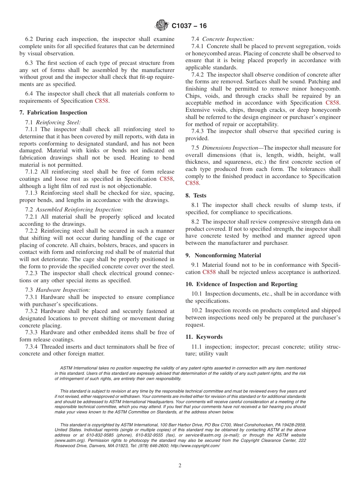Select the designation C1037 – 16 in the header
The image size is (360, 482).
click(189, 26)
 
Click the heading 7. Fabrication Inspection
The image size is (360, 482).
click(53, 113)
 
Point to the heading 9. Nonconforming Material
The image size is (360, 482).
click(223, 255)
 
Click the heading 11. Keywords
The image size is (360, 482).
click(204, 337)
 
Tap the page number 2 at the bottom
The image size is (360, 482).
click(180, 466)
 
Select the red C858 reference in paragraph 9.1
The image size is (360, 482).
click(209, 272)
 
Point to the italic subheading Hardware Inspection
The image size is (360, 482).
click(63, 290)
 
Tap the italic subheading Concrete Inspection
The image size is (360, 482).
click(228, 39)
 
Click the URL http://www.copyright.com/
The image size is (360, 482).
click(195, 446)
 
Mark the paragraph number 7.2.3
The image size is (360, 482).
click(32, 273)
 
